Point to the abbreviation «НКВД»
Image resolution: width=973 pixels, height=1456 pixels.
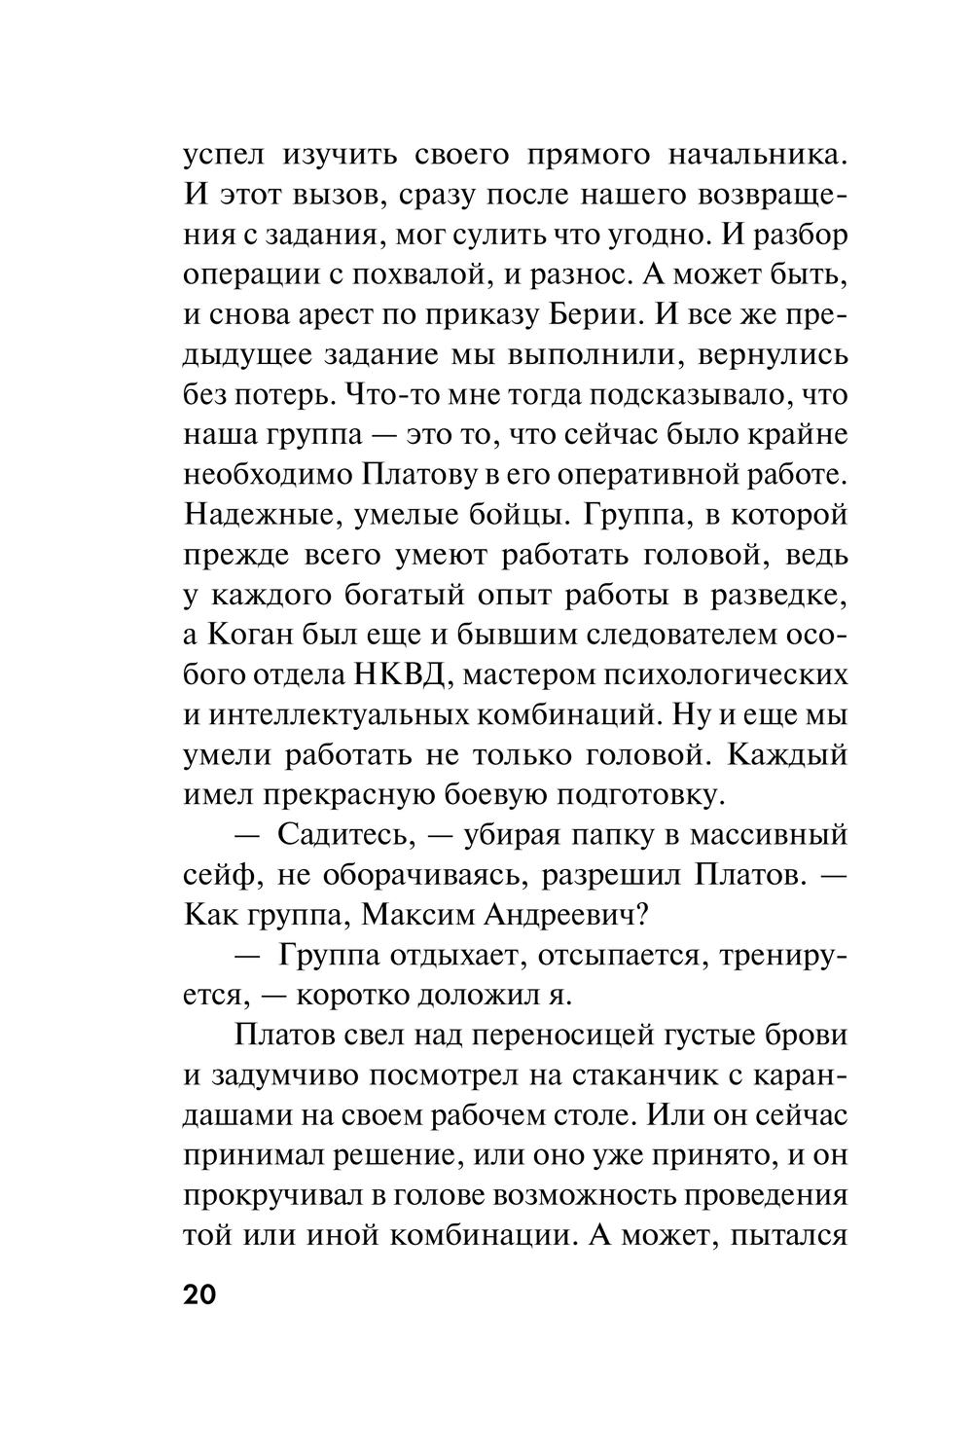pyautogui.click(x=392, y=674)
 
